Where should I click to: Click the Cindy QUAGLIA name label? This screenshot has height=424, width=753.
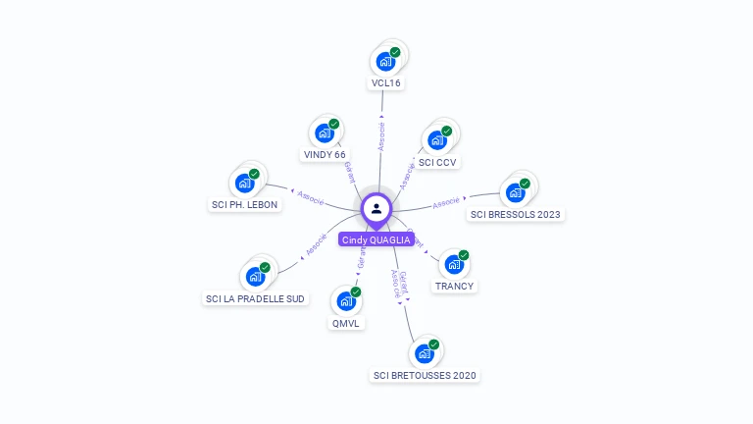[x=376, y=239]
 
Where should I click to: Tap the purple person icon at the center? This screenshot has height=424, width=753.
[x=376, y=208]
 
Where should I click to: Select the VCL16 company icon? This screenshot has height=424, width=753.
[x=385, y=61]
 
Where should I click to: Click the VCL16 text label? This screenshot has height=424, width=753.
[x=385, y=83]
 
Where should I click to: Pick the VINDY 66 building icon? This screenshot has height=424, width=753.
[x=325, y=132]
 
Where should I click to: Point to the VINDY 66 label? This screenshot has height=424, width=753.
[x=325, y=155]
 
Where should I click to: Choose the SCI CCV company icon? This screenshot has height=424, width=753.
[x=437, y=139]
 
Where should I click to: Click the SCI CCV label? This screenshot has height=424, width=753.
[x=437, y=162]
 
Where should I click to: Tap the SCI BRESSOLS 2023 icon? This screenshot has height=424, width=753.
[x=516, y=191]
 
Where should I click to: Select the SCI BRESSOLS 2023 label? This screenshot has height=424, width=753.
[x=517, y=214]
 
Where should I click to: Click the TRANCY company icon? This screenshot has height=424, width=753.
[x=454, y=264]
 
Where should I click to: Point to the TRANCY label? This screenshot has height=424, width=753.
[x=454, y=287]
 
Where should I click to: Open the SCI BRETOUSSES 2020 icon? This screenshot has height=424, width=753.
[x=425, y=352]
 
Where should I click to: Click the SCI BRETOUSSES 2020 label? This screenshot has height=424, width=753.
[x=425, y=375]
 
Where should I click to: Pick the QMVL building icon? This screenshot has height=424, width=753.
[x=346, y=300]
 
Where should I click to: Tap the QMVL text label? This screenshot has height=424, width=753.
[x=346, y=323]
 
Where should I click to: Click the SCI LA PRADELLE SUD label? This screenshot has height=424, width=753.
[x=255, y=298]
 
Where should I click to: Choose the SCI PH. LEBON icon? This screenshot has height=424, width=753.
[x=244, y=183]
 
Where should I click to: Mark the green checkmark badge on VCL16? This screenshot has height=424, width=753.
[x=395, y=52]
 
